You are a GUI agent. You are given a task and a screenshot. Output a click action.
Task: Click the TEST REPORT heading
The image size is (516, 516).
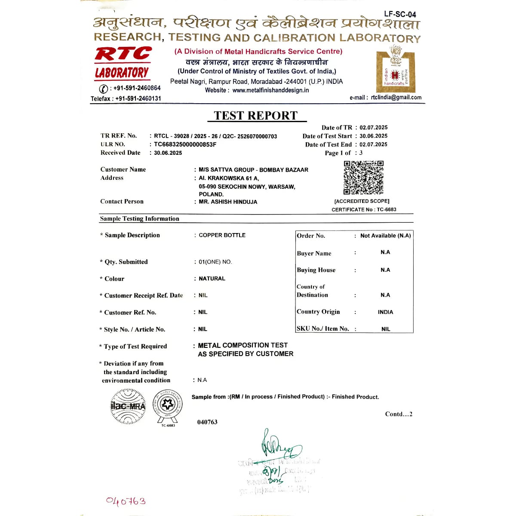click(256, 116)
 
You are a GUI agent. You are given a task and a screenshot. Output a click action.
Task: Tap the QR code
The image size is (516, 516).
click(363, 178)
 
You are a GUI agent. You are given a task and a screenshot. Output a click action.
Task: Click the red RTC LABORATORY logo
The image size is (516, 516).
click(123, 63)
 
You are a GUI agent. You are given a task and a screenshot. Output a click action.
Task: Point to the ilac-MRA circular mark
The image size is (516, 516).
click(128, 406)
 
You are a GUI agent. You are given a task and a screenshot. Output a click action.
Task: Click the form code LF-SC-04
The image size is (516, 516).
click(400, 14)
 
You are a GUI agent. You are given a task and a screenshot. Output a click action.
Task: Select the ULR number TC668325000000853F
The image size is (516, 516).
click(185, 144)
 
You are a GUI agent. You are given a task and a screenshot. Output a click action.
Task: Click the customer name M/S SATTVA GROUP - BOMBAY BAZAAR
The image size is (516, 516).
click(253, 170)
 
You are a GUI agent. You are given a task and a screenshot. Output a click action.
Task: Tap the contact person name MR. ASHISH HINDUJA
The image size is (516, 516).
click(228, 202)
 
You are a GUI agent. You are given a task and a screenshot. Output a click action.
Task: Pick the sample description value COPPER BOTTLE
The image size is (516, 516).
click(222, 235)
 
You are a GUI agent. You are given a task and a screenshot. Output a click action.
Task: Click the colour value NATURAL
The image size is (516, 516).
click(212, 279)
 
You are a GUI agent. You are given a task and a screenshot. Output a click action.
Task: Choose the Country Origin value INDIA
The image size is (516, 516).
click(385, 312)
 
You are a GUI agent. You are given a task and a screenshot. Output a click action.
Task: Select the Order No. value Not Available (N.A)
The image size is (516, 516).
click(385, 236)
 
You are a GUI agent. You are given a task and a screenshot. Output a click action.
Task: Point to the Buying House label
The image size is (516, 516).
click(316, 270)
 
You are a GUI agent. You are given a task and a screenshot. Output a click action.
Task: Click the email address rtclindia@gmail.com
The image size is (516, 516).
click(396, 98)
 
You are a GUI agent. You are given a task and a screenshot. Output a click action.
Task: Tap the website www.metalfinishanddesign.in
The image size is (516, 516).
click(270, 90)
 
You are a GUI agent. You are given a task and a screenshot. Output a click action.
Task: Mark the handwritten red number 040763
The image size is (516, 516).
click(126, 501)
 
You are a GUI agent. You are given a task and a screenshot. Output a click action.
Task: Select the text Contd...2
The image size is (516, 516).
click(399, 414)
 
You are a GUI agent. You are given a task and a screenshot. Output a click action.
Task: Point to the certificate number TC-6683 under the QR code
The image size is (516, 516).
click(387, 210)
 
